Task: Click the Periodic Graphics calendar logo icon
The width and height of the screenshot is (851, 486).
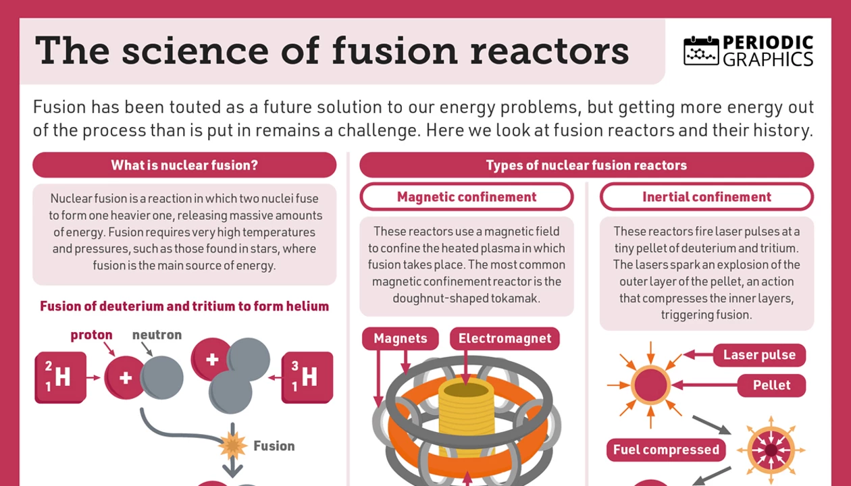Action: coord(701,51)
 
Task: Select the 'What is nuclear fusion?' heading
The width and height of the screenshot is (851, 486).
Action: coord(184,165)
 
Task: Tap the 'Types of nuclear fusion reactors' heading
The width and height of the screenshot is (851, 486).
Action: coord(586,165)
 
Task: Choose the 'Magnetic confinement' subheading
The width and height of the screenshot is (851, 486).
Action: coord(467,197)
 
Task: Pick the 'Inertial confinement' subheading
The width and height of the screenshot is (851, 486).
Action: coord(706,197)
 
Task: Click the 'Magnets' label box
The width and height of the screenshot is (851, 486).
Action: coord(401,338)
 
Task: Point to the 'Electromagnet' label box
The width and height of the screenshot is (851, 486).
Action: coord(505,338)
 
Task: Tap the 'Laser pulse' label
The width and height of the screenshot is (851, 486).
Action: coord(759,355)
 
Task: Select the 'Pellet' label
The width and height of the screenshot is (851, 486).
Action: coord(771,385)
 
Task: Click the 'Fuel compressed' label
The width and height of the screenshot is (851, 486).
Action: coord(666,450)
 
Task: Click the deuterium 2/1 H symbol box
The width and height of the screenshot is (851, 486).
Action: coord(60,377)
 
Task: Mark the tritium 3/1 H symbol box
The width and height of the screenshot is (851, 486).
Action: coord(307,377)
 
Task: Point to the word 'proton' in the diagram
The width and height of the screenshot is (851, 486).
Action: coord(91,335)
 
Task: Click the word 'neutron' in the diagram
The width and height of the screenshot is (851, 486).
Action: coord(157,335)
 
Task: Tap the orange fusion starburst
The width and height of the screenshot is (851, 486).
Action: coord(233,446)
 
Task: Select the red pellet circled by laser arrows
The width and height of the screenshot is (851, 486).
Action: coord(650,385)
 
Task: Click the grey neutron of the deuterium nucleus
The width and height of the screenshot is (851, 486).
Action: coord(163,377)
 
